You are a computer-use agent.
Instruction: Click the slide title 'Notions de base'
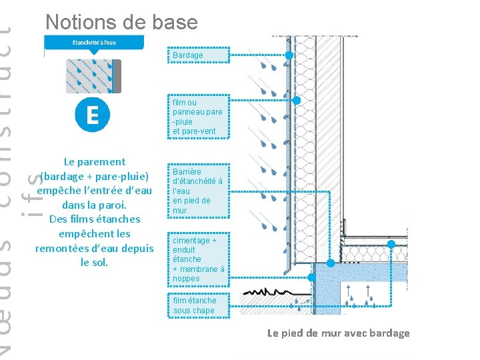121,22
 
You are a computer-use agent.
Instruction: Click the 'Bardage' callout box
198,55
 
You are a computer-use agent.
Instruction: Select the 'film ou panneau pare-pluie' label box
198,117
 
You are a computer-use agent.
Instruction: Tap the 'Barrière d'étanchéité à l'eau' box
198,191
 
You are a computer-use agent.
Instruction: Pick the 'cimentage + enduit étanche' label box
198,259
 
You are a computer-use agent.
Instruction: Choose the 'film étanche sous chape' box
198,305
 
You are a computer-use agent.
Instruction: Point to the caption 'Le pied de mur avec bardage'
338,333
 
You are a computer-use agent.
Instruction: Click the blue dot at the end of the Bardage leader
289,55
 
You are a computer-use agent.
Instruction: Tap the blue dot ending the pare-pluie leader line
297,101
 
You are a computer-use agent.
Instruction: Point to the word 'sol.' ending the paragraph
94,263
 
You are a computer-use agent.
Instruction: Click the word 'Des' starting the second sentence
58,219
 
